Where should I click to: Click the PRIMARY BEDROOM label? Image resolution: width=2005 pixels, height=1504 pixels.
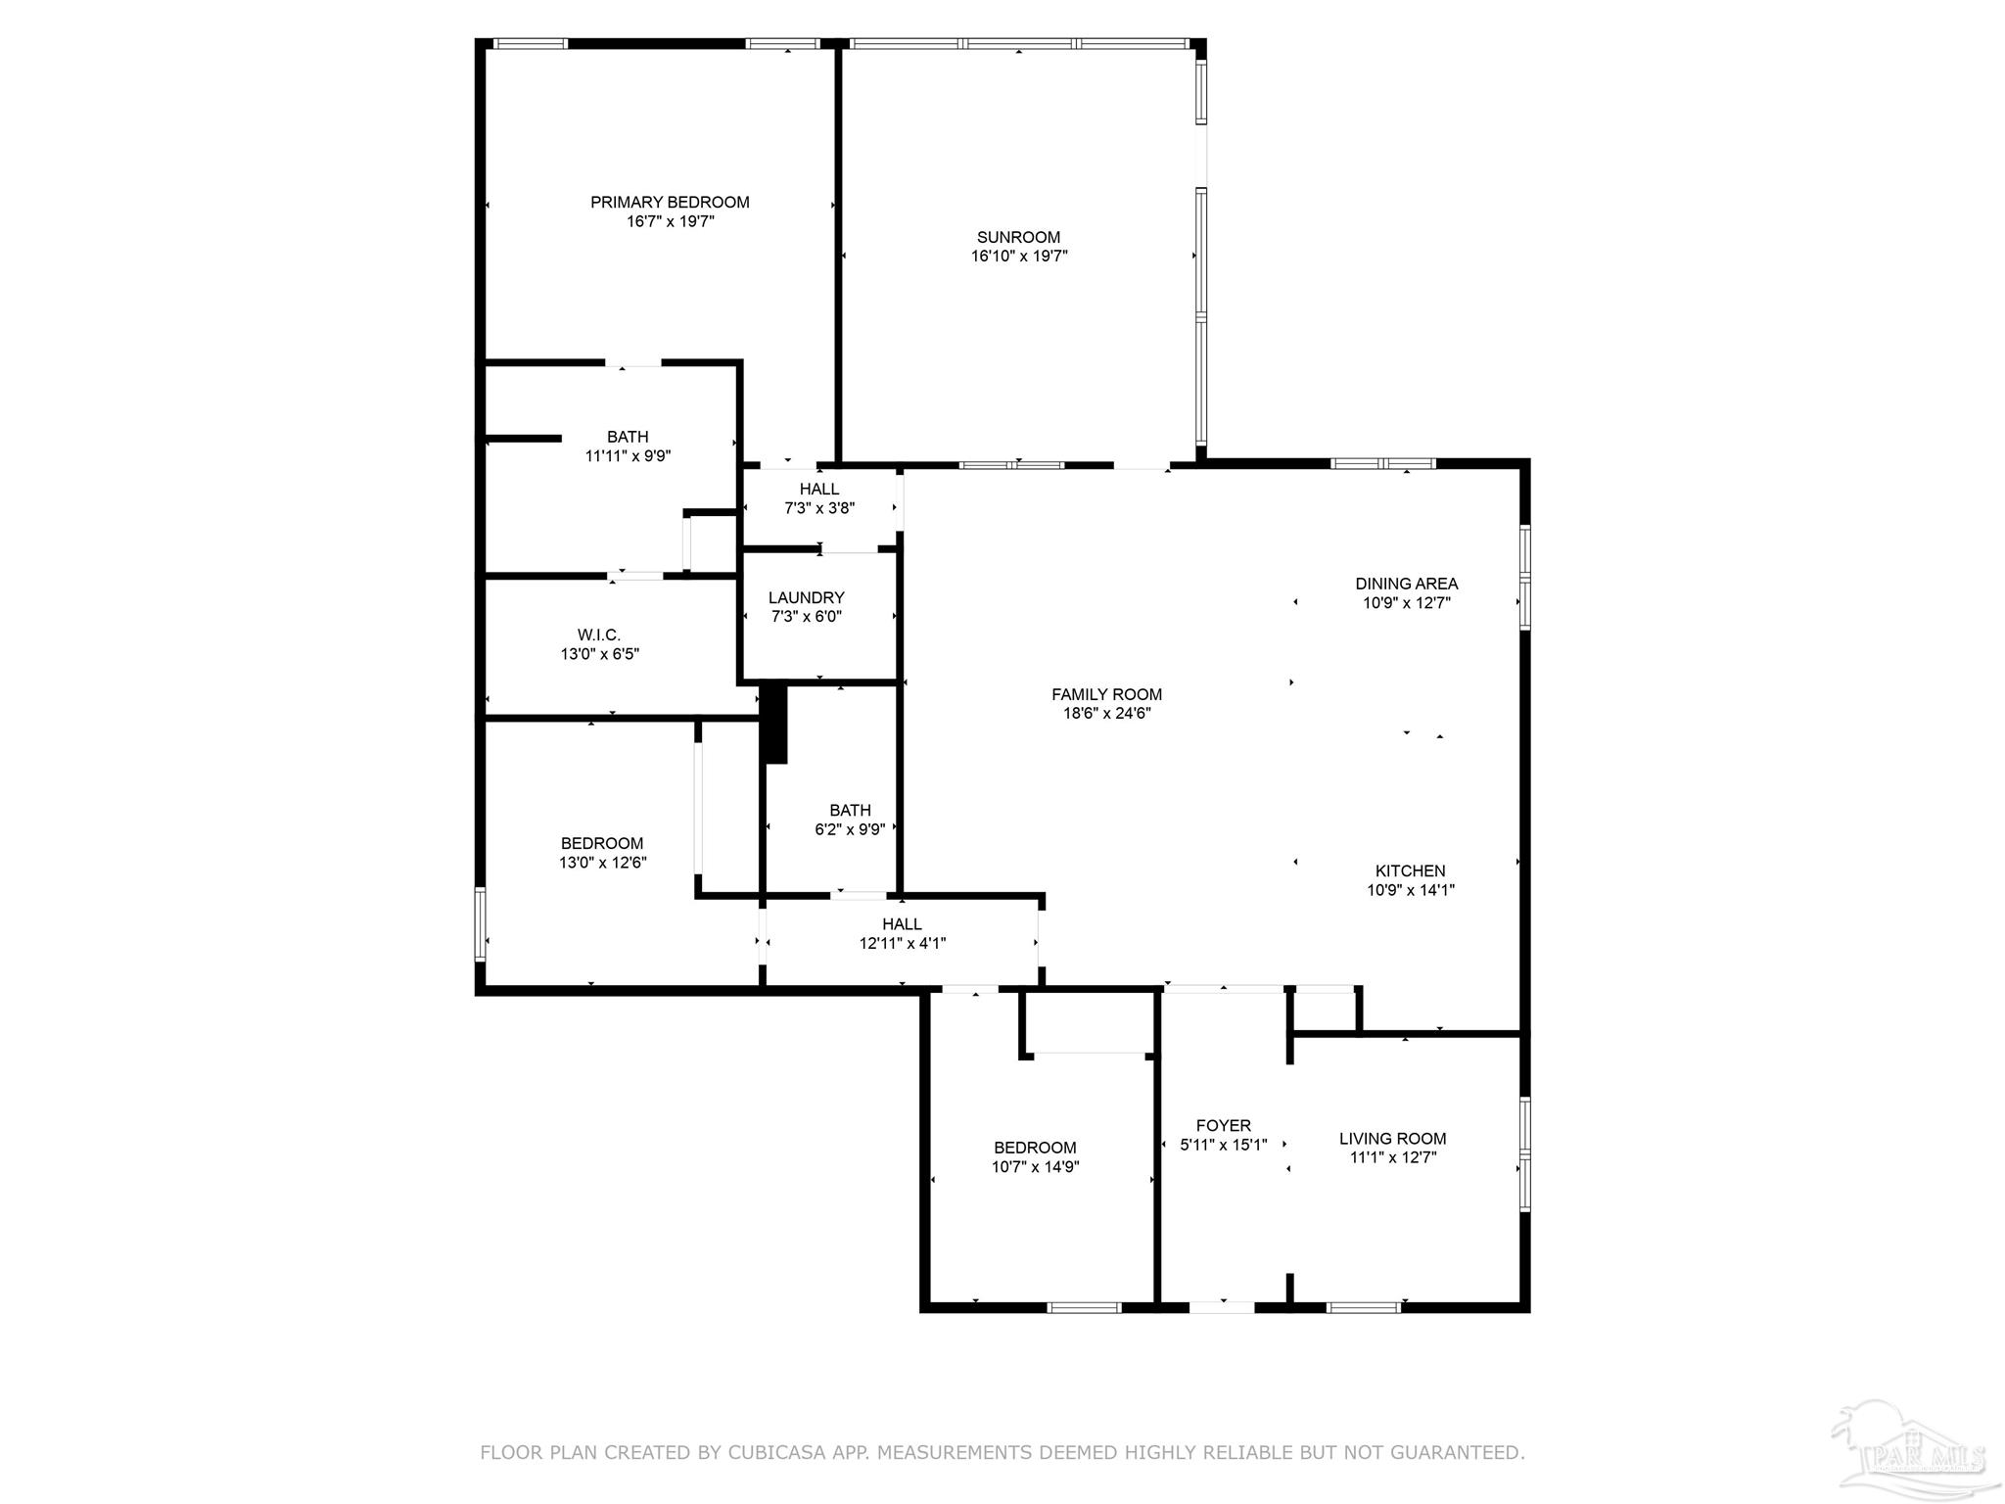(x=670, y=203)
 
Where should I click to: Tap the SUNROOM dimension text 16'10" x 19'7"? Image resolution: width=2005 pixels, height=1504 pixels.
(x=1018, y=257)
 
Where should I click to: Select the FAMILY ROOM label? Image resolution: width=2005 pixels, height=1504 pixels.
(x=1106, y=695)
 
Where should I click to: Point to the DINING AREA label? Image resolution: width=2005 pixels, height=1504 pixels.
(x=1407, y=584)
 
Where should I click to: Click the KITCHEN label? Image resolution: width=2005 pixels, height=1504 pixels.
(x=1410, y=871)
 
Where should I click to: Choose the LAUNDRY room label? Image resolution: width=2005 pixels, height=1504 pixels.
(x=806, y=598)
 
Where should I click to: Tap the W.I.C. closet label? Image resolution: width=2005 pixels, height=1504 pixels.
(x=599, y=635)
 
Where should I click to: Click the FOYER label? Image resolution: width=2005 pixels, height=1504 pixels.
(x=1223, y=1126)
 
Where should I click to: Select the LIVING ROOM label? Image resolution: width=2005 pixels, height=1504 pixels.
(x=1392, y=1139)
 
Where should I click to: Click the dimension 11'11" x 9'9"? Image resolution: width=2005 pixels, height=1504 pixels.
(x=628, y=455)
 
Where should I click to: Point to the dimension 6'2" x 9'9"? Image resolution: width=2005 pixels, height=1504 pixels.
(x=850, y=829)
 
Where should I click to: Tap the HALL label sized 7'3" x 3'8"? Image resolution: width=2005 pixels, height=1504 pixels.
(x=819, y=490)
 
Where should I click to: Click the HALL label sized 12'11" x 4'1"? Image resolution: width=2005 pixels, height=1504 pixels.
(x=902, y=924)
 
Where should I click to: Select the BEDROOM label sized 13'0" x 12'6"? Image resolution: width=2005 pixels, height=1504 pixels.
(x=602, y=844)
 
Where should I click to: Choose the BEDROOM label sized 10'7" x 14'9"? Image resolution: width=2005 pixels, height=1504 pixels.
(x=1035, y=1148)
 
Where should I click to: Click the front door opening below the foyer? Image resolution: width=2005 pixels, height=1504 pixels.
(x=1222, y=1306)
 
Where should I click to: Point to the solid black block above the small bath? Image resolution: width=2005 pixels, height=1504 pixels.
(x=774, y=723)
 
